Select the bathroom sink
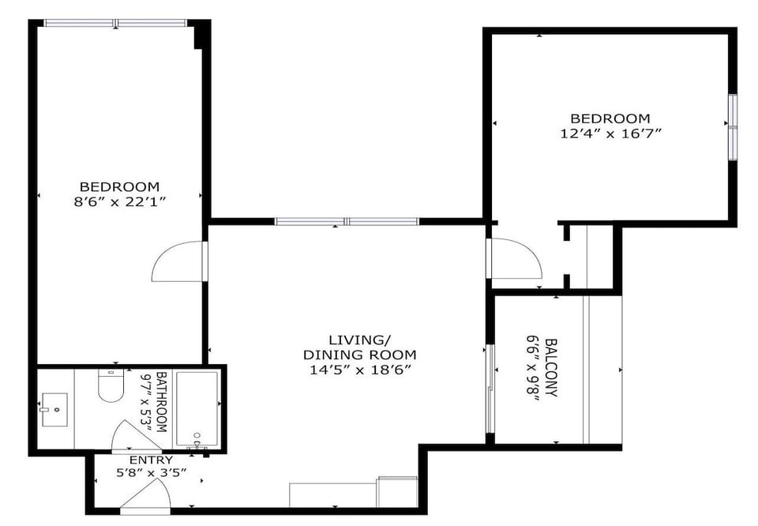54,410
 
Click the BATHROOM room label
162,401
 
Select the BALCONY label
551,368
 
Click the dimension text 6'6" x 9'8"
534,368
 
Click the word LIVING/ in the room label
359,340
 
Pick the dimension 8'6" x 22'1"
119,201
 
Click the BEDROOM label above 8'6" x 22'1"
119,186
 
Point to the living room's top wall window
347,222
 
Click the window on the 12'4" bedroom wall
732,126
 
